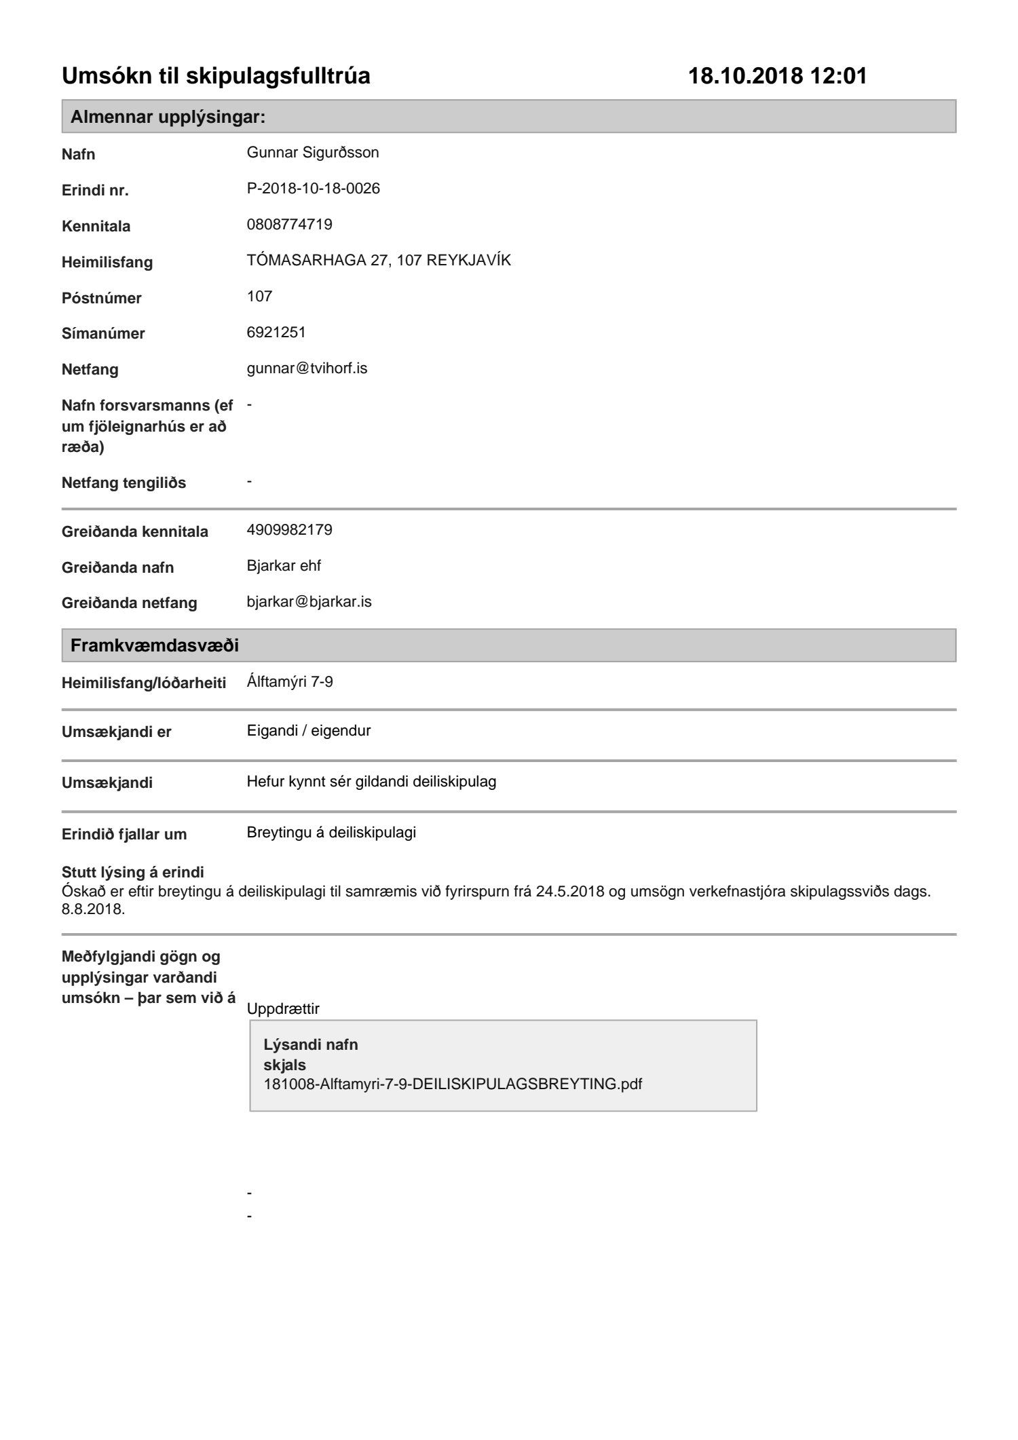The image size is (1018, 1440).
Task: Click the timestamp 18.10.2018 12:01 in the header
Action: point(778,75)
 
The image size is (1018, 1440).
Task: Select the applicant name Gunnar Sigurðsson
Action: point(312,153)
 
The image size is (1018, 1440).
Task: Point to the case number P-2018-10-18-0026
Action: point(313,189)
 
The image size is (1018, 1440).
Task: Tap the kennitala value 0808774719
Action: point(289,225)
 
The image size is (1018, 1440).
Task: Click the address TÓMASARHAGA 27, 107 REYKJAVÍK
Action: point(378,261)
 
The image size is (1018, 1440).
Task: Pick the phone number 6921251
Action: point(276,333)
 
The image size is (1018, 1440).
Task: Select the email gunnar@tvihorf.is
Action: point(307,368)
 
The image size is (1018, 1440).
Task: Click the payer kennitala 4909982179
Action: point(289,530)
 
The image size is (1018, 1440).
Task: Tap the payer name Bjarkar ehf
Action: point(284,566)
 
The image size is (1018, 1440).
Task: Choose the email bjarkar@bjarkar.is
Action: point(309,602)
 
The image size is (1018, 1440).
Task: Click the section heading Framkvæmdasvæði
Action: point(155,645)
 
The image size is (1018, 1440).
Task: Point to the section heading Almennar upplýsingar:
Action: point(168,117)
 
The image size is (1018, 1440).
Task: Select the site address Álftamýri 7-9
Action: point(290,682)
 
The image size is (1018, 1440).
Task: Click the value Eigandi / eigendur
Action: point(309,731)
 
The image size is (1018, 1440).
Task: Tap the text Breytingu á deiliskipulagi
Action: point(331,833)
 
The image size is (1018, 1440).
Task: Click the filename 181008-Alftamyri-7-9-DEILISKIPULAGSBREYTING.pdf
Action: point(453,1084)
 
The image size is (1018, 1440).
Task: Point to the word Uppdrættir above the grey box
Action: point(283,1009)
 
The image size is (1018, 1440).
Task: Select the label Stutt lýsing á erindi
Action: point(132,872)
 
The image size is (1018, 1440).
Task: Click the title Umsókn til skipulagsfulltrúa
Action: point(216,75)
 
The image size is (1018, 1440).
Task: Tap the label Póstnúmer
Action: point(101,298)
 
